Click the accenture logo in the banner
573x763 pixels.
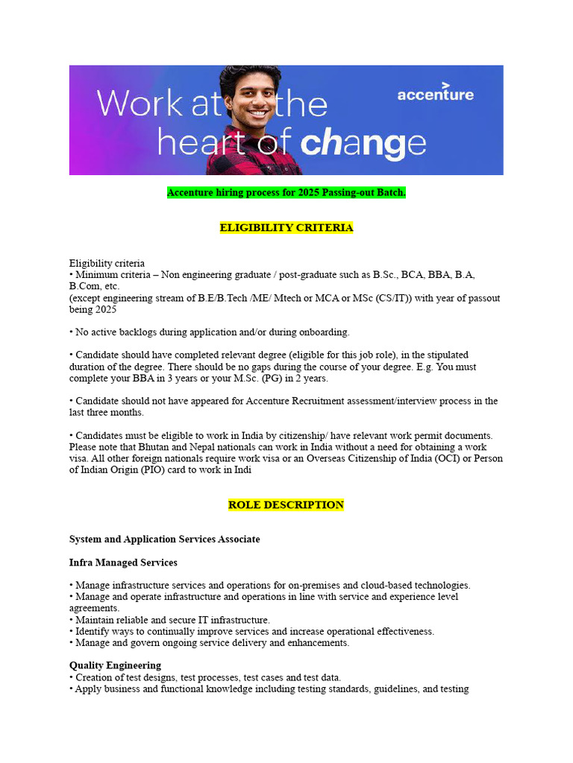(x=435, y=95)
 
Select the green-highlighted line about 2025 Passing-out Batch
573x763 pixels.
(x=286, y=193)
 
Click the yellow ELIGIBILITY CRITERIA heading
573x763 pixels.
(x=286, y=227)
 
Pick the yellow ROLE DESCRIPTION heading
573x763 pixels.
(x=286, y=504)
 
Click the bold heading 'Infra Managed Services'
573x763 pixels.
(x=123, y=563)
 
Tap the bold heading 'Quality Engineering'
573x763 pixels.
(x=115, y=665)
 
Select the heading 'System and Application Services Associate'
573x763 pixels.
(x=165, y=539)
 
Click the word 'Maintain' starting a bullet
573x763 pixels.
(x=95, y=620)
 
